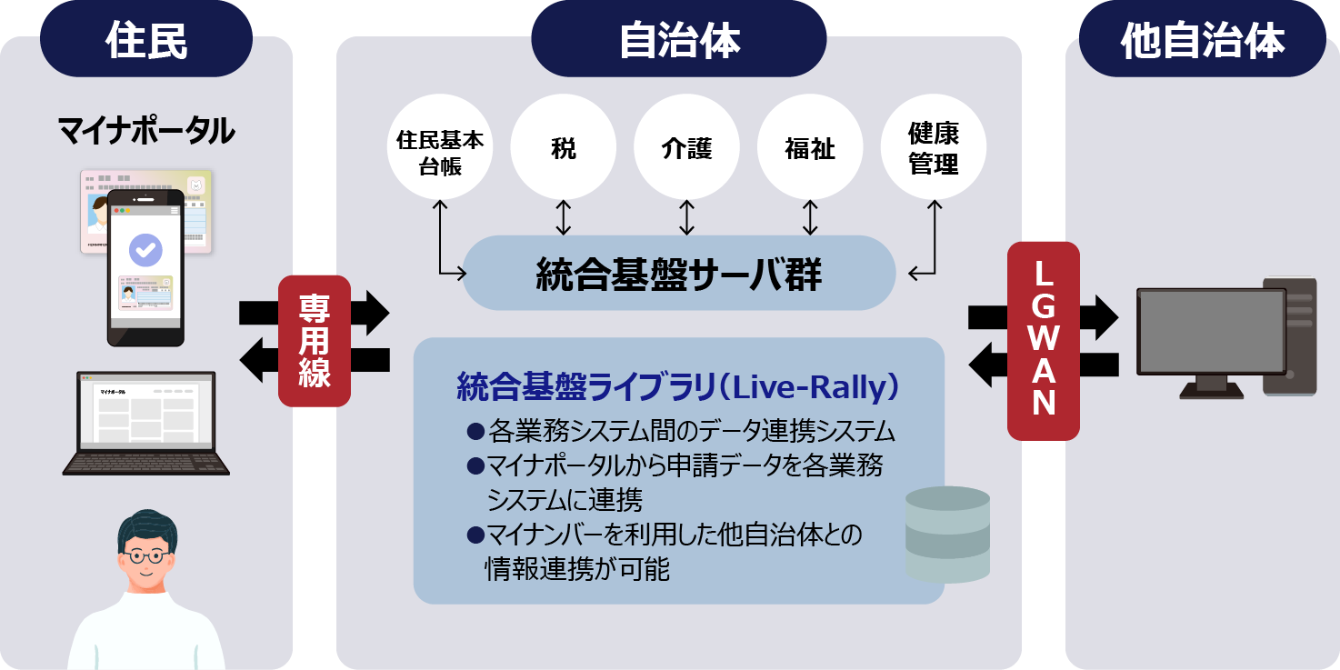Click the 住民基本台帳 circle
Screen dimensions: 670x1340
tap(440, 147)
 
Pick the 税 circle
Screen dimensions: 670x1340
tap(563, 147)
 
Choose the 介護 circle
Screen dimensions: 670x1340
tap(686, 147)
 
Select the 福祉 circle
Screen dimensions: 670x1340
tap(809, 147)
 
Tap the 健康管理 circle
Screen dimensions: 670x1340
tap(934, 147)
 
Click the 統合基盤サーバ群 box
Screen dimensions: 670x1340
tap(679, 274)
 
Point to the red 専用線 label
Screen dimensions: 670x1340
tap(314, 340)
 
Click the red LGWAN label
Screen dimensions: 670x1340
tap(1044, 340)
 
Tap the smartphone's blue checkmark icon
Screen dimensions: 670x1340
tap(145, 248)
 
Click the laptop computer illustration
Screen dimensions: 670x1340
tap(145, 423)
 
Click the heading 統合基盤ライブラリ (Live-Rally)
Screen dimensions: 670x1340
tap(678, 387)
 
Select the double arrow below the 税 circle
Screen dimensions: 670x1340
tap(563, 218)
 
